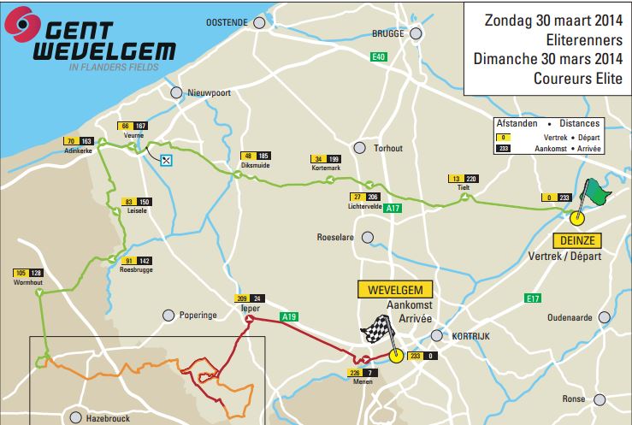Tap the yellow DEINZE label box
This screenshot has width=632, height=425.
point(577,240)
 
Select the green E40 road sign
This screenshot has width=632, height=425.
point(379,56)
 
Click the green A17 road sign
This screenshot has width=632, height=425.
point(393,208)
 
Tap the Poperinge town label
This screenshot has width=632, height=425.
point(198,315)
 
